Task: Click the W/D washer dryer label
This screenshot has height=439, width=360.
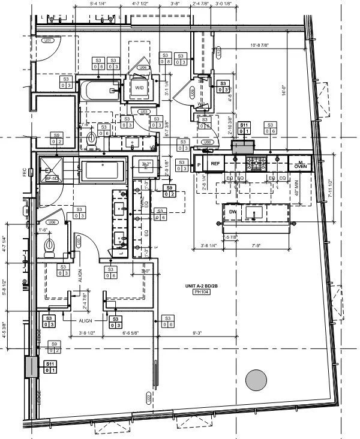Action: [139, 88]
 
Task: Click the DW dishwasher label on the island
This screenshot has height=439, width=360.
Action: [232, 212]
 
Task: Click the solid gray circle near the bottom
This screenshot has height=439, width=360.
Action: [256, 380]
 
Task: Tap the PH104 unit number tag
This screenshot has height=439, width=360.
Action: [200, 292]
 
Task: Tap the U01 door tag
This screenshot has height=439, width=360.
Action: [49, 40]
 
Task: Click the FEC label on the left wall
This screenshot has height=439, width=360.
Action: [25, 172]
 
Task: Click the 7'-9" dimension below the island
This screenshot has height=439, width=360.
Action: [259, 245]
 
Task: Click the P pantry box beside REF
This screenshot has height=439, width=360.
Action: [198, 163]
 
